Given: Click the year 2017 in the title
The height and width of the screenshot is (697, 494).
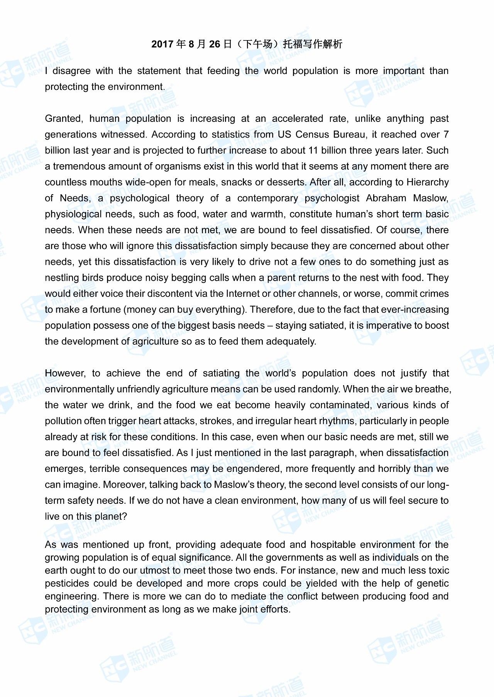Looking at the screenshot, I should point(162,44).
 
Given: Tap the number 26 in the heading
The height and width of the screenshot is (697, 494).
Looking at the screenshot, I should point(215,44).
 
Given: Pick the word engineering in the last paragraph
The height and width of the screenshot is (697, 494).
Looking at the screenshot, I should point(72,596).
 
